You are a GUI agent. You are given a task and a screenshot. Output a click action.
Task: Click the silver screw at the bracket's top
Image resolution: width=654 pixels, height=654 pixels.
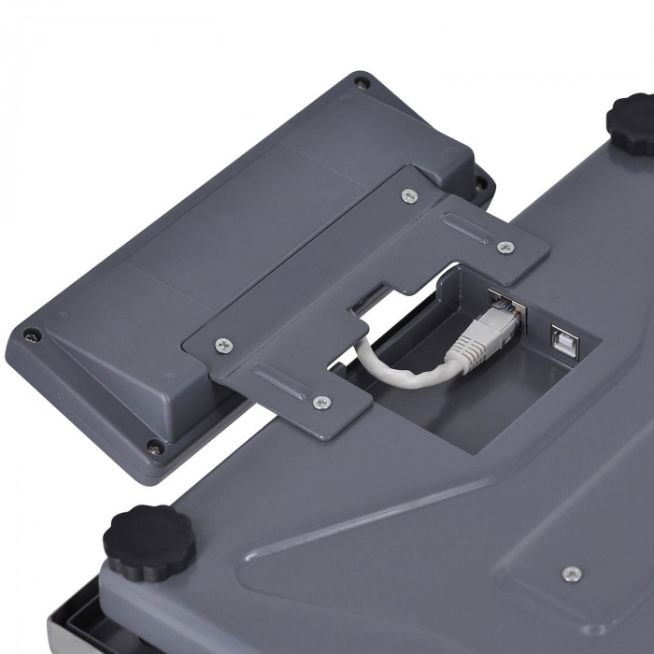[x=408, y=195]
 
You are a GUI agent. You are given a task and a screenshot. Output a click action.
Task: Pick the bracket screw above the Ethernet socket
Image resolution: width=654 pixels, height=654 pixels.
[x=505, y=248]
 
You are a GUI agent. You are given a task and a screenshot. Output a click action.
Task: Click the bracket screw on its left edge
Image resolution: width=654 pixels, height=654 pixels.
[x=222, y=345]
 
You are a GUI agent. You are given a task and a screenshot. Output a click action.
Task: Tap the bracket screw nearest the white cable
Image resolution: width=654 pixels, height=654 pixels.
[x=321, y=402]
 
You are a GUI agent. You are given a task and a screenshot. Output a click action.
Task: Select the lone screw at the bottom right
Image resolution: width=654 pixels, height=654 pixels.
[x=573, y=573]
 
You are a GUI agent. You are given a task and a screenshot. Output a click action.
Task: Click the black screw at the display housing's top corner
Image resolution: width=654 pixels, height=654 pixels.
[x=362, y=84]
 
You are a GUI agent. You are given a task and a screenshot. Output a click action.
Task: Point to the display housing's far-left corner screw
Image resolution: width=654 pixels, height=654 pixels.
[x=34, y=334]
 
